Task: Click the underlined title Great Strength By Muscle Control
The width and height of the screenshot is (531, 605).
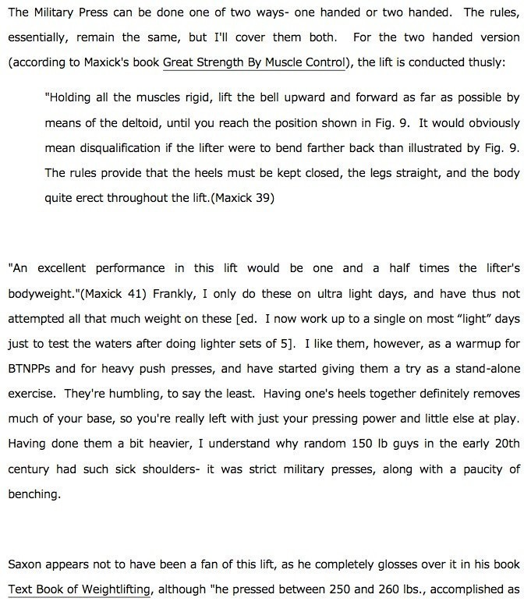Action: [253, 62]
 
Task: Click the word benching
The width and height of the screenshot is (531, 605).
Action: [33, 495]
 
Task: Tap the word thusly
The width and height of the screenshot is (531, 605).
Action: [485, 62]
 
